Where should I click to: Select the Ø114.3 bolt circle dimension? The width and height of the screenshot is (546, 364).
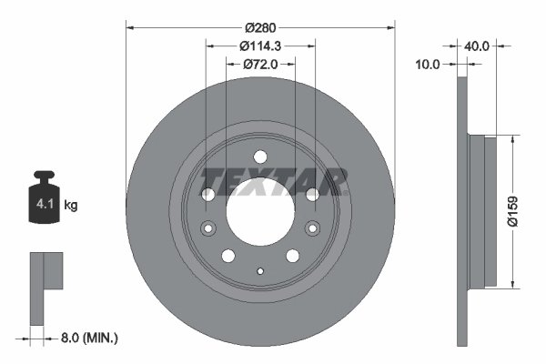tap(261, 45)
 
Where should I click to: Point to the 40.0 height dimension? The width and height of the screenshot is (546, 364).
tap(478, 45)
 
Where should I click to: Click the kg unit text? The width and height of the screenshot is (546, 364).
tap(71, 206)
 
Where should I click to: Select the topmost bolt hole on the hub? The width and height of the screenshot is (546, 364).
tap(260, 156)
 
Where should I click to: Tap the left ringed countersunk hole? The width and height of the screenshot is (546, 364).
tap(207, 227)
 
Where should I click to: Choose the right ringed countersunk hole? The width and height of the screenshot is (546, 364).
tap(314, 227)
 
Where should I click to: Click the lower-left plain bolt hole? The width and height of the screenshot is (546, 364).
tap(228, 256)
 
